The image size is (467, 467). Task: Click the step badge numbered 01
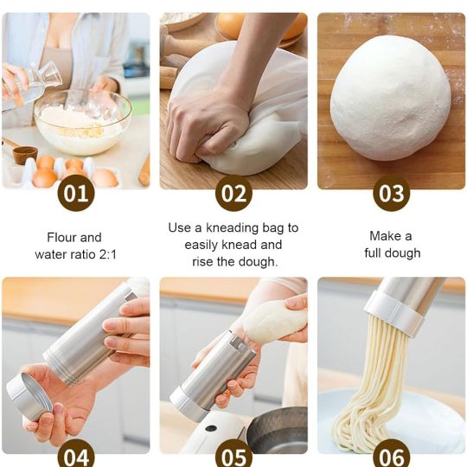tap(76, 193)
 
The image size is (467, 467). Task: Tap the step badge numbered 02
tap(233, 193)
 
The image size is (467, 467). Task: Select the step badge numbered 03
tap(392, 193)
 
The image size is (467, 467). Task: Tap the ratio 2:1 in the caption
tap(107, 254)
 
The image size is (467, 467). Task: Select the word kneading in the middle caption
tap(233, 228)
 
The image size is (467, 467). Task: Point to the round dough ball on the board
tap(390, 98)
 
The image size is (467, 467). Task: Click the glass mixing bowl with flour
tap(82, 122)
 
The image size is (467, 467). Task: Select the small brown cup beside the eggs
tap(25, 155)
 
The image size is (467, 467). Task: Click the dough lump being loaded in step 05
tap(275, 320)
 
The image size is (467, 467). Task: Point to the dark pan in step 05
tap(278, 429)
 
